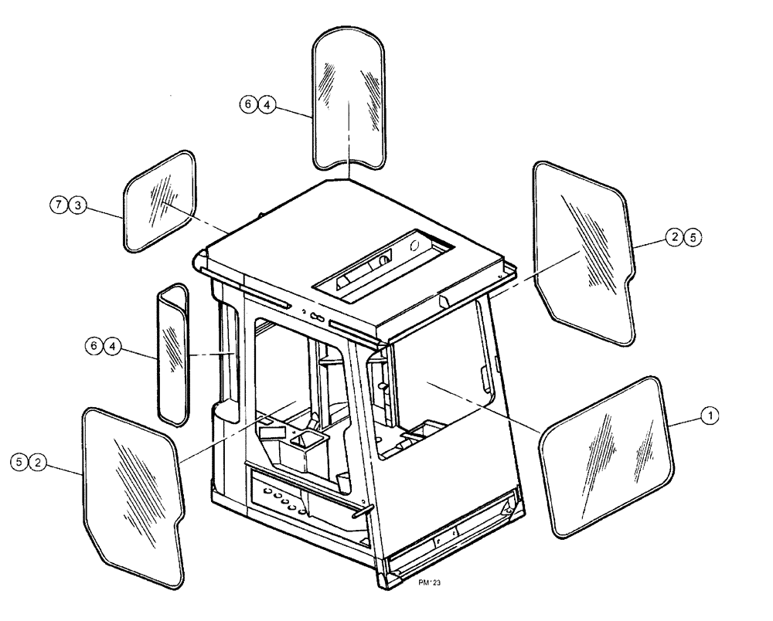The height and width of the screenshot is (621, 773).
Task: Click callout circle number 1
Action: pos(708,416)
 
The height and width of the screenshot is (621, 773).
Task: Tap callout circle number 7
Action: pos(61,205)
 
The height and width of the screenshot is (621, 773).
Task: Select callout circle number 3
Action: pos(77,205)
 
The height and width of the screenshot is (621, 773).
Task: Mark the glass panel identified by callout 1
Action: pos(604,454)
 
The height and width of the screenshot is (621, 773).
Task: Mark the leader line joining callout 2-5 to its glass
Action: pos(648,243)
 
